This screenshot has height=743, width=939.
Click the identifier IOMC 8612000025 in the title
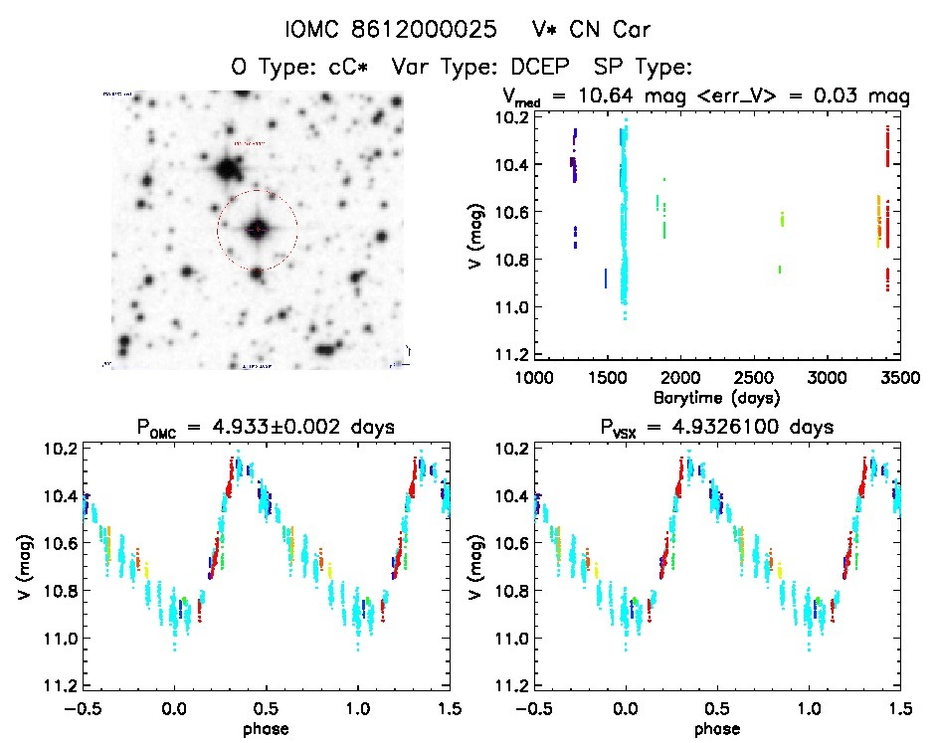(x=391, y=30)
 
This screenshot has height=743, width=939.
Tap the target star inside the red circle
(x=258, y=230)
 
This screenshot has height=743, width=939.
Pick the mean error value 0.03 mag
(x=867, y=97)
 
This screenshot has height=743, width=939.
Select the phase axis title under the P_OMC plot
(x=266, y=728)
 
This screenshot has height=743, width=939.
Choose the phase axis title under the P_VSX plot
(x=716, y=728)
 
